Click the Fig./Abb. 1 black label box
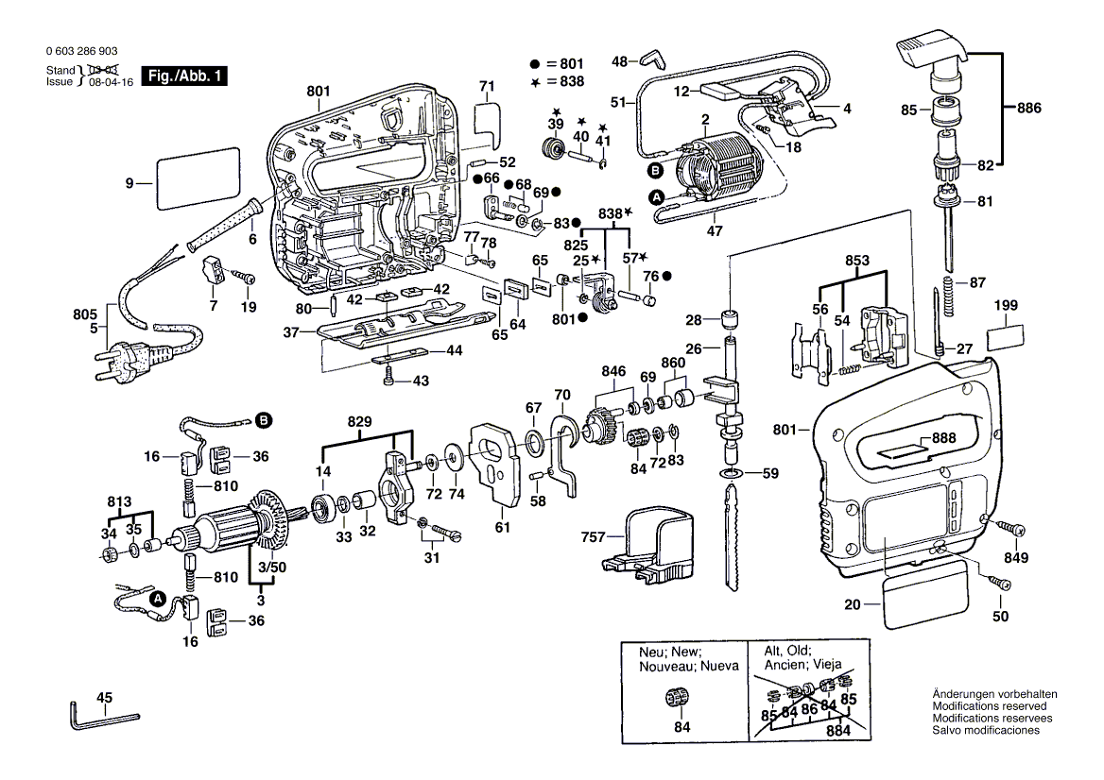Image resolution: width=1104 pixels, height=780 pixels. tap(184, 76)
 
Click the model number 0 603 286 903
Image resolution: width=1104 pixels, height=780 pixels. tap(82, 52)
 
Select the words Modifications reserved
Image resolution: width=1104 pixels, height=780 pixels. tap(989, 706)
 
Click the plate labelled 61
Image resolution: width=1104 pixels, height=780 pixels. tap(495, 463)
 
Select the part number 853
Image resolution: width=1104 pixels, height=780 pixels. tap(857, 260)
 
